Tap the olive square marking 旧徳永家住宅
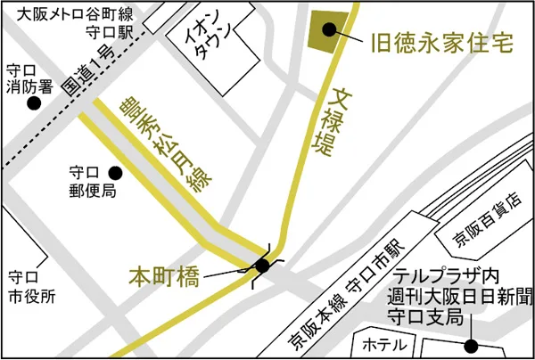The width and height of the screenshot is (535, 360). click(x=327, y=30)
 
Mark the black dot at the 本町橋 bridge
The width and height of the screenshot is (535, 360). click(x=262, y=265)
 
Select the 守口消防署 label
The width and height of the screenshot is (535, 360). click(x=27, y=79)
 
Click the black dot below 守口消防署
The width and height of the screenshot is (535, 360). click(x=34, y=104)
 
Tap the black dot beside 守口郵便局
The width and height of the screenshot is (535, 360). click(x=114, y=172)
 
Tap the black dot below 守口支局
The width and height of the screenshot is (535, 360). click(x=470, y=346)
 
